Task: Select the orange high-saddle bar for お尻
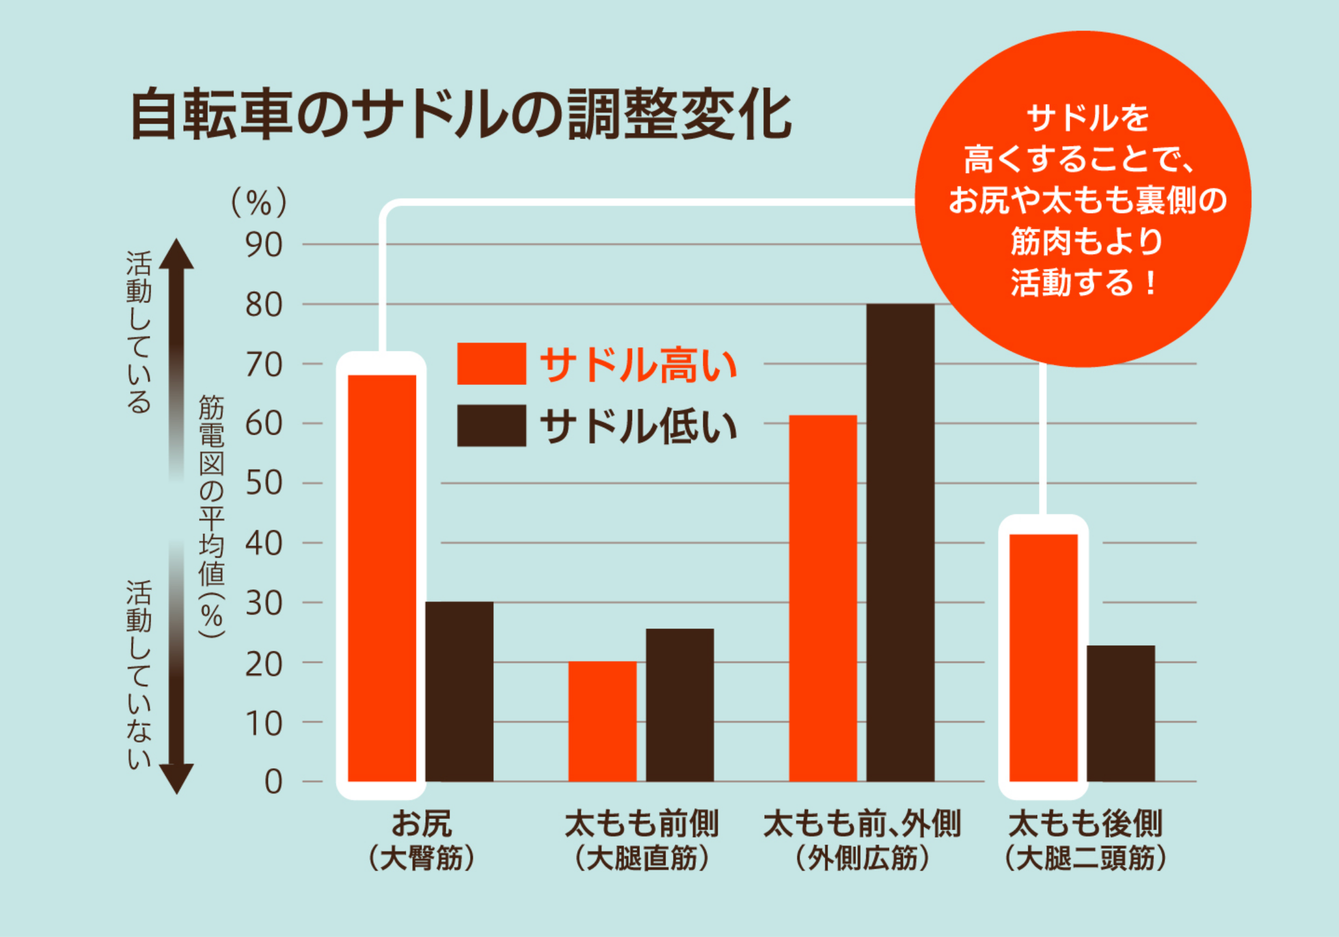[x=382, y=577]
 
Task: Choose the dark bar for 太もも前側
[x=680, y=705]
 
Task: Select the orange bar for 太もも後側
[x=1044, y=658]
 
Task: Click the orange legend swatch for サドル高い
[x=491, y=364]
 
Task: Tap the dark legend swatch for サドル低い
[x=491, y=425]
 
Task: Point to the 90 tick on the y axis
[x=264, y=245]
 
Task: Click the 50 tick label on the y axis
[x=264, y=484]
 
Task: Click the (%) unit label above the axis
[x=259, y=202]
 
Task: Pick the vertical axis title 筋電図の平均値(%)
[x=211, y=515]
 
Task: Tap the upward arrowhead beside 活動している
[x=177, y=255]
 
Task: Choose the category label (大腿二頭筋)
[x=1085, y=859]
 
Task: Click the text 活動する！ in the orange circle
[x=1084, y=283]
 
